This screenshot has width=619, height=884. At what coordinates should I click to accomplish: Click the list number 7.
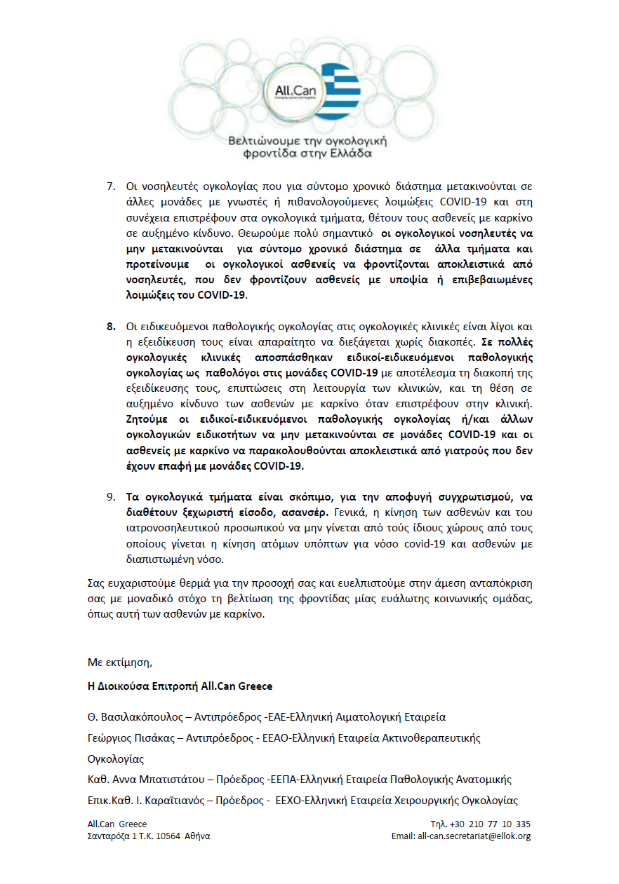pyautogui.click(x=111, y=186)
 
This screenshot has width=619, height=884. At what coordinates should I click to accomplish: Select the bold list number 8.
pyautogui.click(x=111, y=326)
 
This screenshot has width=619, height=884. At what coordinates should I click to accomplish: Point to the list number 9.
pyautogui.click(x=111, y=496)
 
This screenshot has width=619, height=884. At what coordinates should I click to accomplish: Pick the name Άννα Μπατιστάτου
pyautogui.click(x=152, y=780)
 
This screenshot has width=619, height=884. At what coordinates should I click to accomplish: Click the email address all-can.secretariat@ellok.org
pyautogui.click(x=474, y=836)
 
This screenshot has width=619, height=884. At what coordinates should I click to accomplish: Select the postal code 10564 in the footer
pyautogui.click(x=168, y=836)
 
